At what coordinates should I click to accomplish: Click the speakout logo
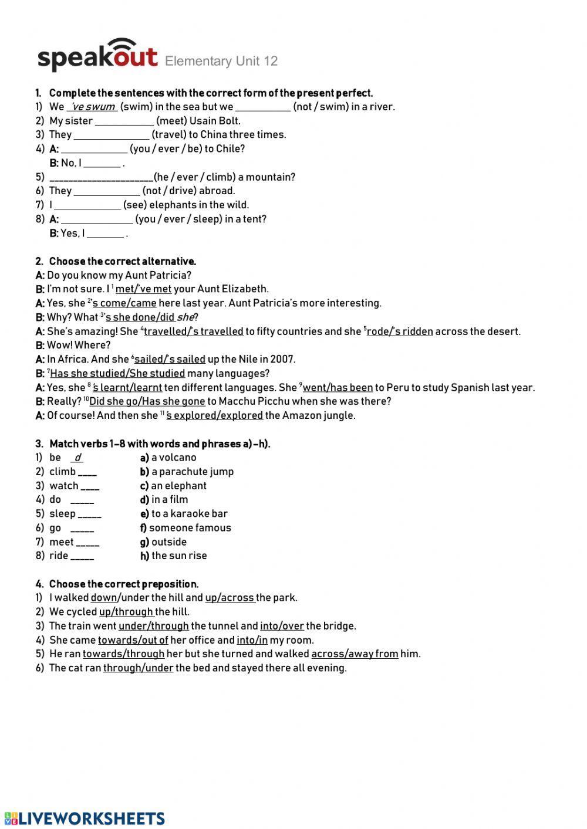tap(97, 56)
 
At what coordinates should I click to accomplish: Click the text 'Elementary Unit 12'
tap(221, 61)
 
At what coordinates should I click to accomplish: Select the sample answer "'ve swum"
tap(93, 107)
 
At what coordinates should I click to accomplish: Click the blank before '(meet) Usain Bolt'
tap(124, 121)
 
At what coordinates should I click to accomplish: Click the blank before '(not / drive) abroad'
tap(107, 191)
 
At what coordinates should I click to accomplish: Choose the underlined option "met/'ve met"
tap(143, 289)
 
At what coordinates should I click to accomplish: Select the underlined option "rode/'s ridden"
tap(400, 331)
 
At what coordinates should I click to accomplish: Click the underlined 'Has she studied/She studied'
tap(117, 373)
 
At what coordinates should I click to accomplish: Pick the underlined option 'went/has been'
tap(338, 387)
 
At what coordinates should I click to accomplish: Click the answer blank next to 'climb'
tap(87, 472)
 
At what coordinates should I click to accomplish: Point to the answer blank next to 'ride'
tap(82, 556)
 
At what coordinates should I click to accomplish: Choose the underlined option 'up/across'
tap(230, 598)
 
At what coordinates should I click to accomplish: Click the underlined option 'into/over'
tap(282, 626)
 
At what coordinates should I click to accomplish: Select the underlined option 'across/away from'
tap(355, 654)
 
